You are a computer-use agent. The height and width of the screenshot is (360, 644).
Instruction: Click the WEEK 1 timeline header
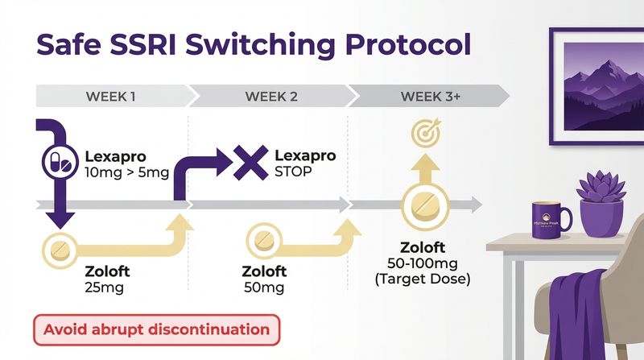110,97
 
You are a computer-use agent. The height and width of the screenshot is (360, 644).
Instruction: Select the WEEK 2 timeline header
271,97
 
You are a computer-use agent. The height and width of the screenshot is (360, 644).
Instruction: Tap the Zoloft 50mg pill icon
262,239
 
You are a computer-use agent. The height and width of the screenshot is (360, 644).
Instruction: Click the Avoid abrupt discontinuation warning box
156,329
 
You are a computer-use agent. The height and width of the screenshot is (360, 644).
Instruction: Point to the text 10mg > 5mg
126,173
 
